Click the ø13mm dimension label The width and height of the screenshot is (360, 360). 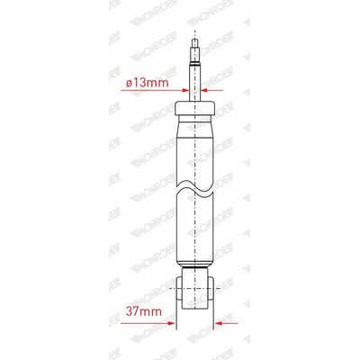[x=148, y=83]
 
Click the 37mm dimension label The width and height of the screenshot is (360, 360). [x=144, y=311]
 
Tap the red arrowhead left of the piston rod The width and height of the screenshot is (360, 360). [x=185, y=90]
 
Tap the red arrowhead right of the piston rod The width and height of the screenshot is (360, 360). [x=204, y=90]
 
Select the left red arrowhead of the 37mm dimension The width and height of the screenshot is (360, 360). [x=172, y=323]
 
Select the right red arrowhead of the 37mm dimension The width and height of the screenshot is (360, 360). [x=218, y=323]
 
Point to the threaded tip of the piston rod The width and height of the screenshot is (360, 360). [x=194, y=50]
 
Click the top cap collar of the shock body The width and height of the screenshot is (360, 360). [x=195, y=108]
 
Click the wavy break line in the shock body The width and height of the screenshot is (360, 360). [x=195, y=189]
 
